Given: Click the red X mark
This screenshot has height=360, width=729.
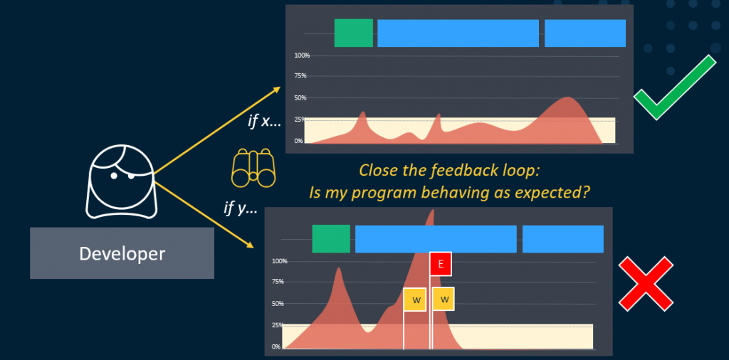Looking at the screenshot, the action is pos(646,284).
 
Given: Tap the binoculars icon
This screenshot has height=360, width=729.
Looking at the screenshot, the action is pos(253,167).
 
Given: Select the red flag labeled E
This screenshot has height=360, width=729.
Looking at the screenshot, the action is pos(441,265).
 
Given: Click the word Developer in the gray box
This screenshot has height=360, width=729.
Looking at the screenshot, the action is pos(122,253).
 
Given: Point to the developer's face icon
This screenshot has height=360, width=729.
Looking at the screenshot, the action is pos(121,181).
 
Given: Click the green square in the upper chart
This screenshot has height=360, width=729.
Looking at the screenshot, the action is pos(353,33).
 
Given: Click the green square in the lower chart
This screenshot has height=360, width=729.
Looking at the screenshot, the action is pos(331,239).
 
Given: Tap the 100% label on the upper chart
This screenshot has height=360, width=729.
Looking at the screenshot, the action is pos(302,55).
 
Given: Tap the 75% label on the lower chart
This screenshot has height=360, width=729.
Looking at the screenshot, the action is pos(278,282).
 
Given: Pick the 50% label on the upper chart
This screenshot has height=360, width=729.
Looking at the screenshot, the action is pos(300,98).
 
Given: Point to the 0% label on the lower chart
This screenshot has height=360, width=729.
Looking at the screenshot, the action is pos(277,346).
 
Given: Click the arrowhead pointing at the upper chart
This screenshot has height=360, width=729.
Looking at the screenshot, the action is pos(277,88).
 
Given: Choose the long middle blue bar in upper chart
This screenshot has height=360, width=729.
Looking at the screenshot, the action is pos(458,33).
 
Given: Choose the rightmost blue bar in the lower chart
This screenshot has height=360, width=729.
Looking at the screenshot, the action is pos(563,239).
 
